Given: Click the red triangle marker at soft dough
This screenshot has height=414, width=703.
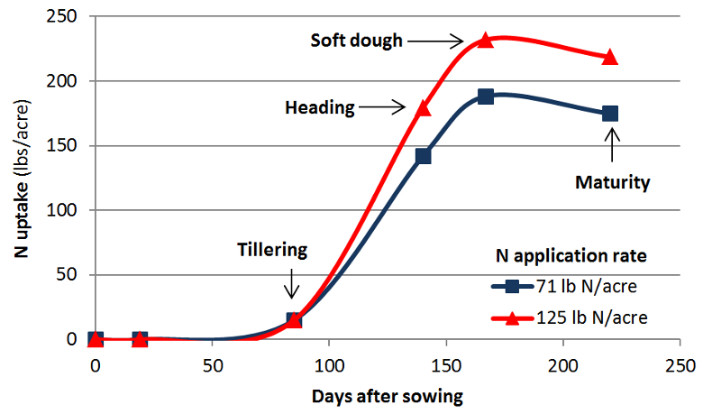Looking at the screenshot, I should pos(486,40).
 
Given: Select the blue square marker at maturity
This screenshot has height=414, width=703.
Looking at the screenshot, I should pos(610,114).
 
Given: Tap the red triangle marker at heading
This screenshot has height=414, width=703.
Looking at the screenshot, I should pos(424,108).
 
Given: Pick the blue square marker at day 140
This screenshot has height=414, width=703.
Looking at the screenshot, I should pos(423,156).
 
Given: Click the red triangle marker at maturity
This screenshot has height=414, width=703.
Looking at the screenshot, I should pos(610,57).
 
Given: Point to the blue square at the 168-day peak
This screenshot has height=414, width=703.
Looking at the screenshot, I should pos(486,97).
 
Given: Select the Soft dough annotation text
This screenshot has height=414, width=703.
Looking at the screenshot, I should pos(356,41).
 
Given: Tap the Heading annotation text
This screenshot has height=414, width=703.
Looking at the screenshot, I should pos(319,107).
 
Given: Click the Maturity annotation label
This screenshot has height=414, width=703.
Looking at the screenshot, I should pos(612,182).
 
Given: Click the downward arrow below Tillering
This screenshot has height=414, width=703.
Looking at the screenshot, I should pos(291,281).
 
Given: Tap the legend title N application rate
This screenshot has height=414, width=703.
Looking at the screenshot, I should pos(571,255).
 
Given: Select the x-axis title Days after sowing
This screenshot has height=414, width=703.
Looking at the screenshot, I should pos(388,395).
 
